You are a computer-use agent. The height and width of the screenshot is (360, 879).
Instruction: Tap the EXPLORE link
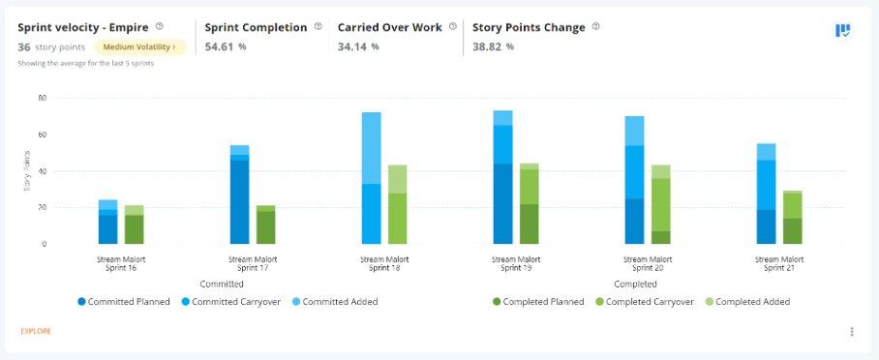(x=36, y=331)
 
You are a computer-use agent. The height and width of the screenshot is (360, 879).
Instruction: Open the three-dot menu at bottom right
(x=852, y=332)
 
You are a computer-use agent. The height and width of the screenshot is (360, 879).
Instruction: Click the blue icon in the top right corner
(x=842, y=31)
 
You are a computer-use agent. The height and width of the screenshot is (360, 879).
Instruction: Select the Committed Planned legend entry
(x=125, y=302)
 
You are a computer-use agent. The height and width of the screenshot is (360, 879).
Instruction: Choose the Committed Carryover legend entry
(x=233, y=302)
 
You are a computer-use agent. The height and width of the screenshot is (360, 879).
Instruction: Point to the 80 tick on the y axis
(x=42, y=98)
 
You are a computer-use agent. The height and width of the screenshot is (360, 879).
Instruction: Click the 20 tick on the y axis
(x=42, y=207)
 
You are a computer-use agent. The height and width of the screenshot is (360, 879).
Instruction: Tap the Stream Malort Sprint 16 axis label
(x=121, y=263)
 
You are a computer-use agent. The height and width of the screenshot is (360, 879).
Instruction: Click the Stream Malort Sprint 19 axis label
(x=515, y=263)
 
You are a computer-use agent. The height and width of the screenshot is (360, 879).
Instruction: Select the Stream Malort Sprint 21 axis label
(x=779, y=263)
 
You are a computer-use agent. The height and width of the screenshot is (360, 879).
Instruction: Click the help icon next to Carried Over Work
(x=452, y=27)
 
